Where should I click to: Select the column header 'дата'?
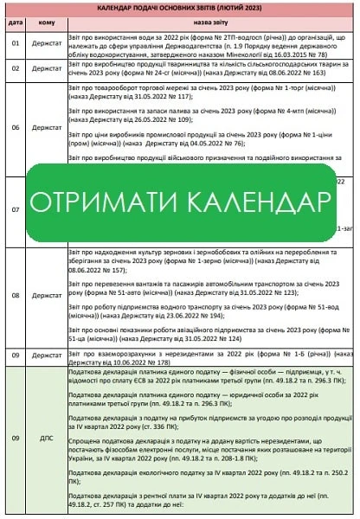click(15, 22)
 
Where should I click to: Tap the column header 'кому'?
click(47, 22)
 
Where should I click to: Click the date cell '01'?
click(15, 42)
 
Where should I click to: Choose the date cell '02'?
click(15, 67)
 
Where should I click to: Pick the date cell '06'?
click(15, 126)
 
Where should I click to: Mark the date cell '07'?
click(15, 210)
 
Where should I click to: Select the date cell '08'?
click(15, 295)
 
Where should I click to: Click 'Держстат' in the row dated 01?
click(47, 42)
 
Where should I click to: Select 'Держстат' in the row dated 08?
click(47, 295)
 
